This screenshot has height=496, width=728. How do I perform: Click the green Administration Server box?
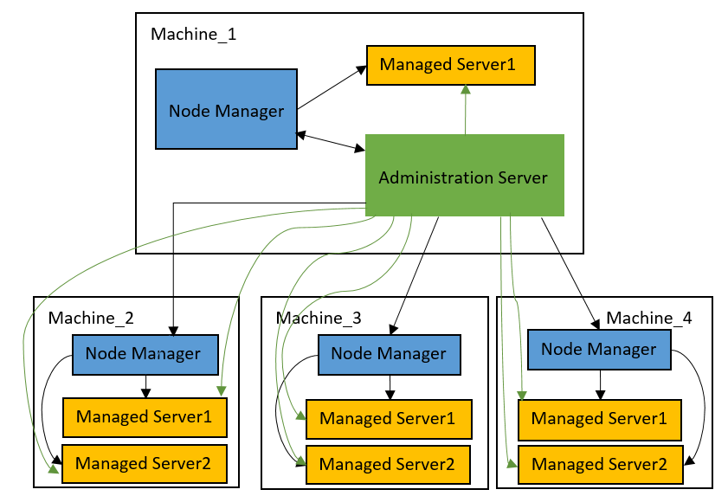tap(465, 176)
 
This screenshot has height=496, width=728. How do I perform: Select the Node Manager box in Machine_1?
tap(226, 110)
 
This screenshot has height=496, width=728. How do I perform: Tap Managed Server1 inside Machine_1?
tap(450, 65)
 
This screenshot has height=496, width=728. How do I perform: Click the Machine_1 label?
tap(193, 35)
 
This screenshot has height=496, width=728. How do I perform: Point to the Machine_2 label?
tap(91, 318)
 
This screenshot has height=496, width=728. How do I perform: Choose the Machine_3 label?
tap(319, 318)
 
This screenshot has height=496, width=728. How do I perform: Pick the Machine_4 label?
tap(648, 318)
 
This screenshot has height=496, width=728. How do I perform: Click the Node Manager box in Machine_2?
tap(144, 353)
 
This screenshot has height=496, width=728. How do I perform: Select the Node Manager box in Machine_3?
tap(389, 353)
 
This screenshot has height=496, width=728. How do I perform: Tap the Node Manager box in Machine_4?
tap(598, 350)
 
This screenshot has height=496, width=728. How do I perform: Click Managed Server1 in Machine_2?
tap(144, 417)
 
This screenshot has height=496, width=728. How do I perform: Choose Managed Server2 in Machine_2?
tap(144, 464)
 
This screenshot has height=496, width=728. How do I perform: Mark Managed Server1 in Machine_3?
tap(388, 419)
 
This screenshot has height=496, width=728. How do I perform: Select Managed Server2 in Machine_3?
tap(388, 465)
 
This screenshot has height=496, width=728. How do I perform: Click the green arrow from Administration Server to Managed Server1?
tap(466, 110)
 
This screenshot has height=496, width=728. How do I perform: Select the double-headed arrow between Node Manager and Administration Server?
tap(331, 142)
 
